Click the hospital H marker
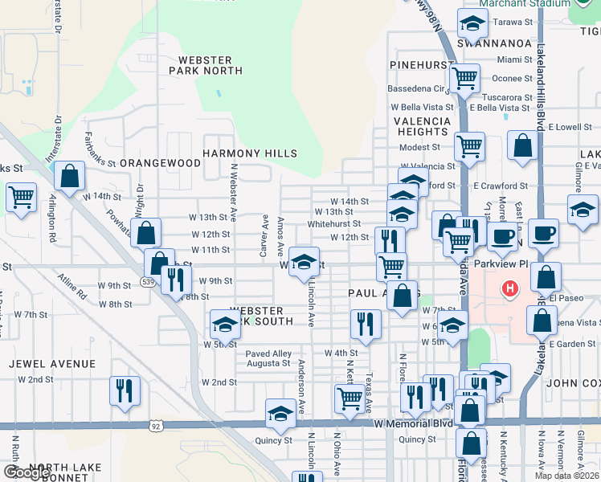[509, 288]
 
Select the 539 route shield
[147, 281]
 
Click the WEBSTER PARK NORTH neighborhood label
[206, 65]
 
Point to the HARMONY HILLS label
[250, 153]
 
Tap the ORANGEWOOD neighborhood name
[160, 163]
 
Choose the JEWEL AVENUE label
[52, 364]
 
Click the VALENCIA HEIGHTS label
[422, 126]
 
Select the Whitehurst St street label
[334, 224]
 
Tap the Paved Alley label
[268, 353]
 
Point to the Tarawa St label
[513, 22]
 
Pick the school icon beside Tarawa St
[472, 23]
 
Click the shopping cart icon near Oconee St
[465, 79]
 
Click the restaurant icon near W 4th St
[366, 324]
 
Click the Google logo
[27, 472]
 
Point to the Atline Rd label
[71, 287]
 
